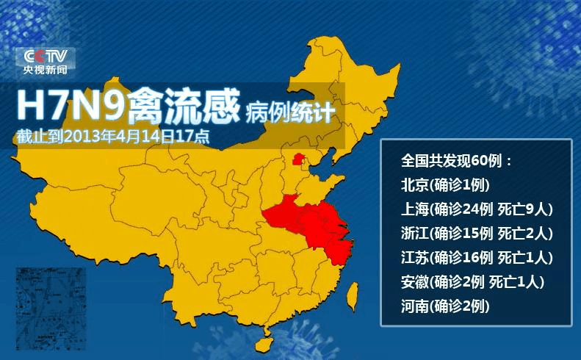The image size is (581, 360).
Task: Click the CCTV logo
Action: tap(45, 57)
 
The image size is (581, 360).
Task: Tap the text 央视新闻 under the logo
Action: tap(45, 70)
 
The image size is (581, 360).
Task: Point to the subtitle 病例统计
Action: tap(291, 112)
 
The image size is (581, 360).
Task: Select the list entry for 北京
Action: tap(445, 184)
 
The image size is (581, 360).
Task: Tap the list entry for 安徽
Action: tap(472, 281)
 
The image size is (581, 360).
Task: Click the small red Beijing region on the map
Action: tap(297, 158)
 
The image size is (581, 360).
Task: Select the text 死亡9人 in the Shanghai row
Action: tap(524, 209)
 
